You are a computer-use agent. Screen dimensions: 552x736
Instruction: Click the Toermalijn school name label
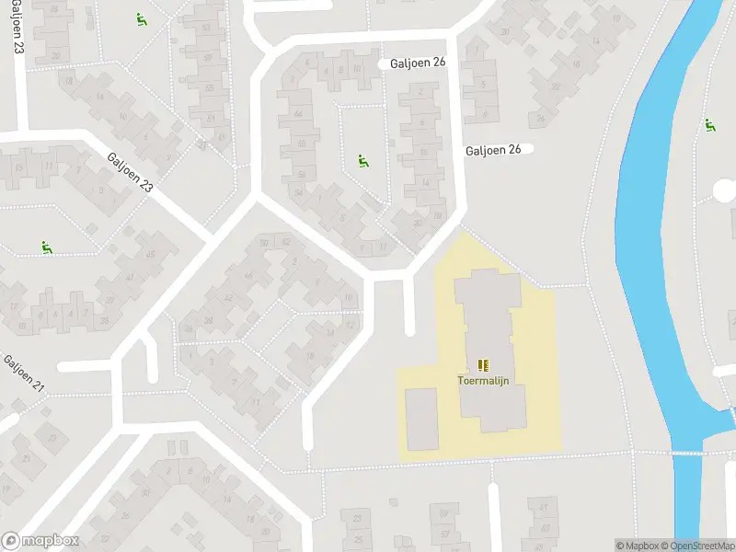click(484, 380)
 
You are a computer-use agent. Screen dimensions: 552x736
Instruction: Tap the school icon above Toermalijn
click(484, 365)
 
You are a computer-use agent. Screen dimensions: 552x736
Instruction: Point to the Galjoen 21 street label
click(24, 373)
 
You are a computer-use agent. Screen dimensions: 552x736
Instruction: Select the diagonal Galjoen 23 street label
click(130, 172)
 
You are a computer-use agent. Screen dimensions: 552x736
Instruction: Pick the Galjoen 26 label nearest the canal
click(493, 150)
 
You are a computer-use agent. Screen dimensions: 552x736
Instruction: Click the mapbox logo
click(40, 541)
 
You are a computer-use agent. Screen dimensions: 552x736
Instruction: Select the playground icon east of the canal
click(709, 125)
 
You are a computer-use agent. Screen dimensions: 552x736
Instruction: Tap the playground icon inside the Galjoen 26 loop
click(362, 162)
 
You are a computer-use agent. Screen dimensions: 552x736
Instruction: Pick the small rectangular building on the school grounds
click(422, 419)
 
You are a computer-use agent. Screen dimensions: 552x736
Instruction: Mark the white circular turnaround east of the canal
click(726, 190)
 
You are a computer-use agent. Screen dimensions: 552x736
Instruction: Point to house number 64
click(298, 113)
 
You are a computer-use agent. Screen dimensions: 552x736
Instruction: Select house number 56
click(301, 175)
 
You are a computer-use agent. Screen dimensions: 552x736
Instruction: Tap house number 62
click(286, 242)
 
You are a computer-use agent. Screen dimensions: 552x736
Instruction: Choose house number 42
click(228, 297)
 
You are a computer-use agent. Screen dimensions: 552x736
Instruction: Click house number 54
click(297, 191)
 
